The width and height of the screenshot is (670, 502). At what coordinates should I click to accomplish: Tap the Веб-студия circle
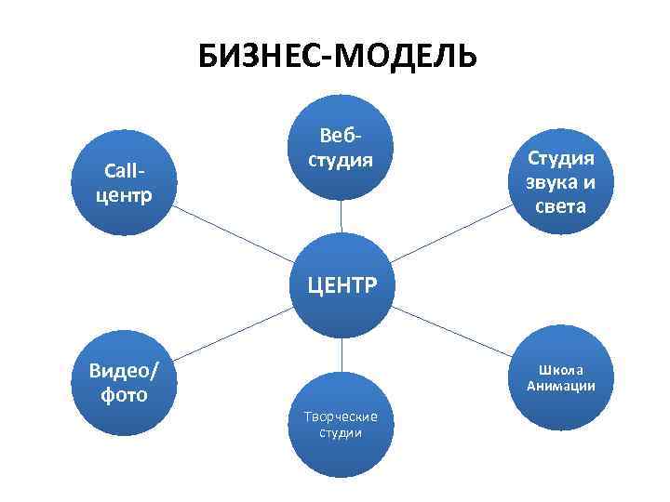[x=341, y=148]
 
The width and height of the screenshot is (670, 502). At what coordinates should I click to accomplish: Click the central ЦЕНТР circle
[x=341, y=283]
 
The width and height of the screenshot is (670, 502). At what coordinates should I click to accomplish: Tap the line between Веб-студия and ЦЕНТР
[x=341, y=216]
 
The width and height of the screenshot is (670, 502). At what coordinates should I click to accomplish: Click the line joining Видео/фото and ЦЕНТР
[x=233, y=334]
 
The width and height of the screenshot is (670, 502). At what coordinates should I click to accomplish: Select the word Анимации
[x=561, y=387]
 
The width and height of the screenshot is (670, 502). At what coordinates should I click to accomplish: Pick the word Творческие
[x=341, y=416]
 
